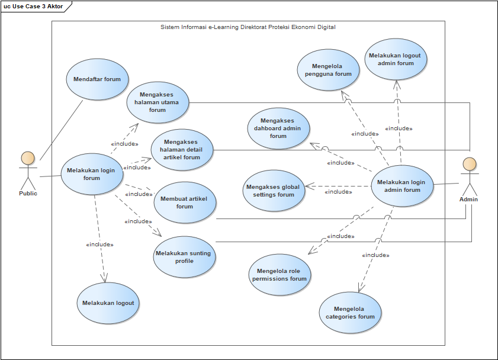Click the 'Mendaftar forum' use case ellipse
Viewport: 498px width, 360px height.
pos(97,79)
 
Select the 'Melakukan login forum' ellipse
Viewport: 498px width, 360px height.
pos(92,174)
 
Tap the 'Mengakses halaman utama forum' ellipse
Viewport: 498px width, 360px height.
pos(158,102)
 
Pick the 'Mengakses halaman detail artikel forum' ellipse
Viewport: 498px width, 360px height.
pos(182,150)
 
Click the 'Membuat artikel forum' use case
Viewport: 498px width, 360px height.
pos(185,202)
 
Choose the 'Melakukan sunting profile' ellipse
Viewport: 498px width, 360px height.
pos(184,257)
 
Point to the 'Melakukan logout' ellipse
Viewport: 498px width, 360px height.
pos(108,303)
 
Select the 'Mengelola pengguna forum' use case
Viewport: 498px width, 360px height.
pos(328,70)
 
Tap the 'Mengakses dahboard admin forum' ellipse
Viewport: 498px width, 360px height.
pos(278,128)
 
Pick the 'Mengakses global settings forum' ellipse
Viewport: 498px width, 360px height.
pos(273,191)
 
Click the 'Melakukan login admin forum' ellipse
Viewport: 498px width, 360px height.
pos(402,186)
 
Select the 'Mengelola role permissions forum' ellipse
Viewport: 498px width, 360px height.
pos(279,275)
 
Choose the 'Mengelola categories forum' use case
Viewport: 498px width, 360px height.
pos(350,313)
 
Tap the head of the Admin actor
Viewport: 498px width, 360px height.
pos(469,164)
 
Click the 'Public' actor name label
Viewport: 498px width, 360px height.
pos(28,193)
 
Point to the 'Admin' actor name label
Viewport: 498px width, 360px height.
pos(468,200)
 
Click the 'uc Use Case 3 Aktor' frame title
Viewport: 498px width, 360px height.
pos(34,6)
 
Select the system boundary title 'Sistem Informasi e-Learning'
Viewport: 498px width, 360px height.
pos(248,27)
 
